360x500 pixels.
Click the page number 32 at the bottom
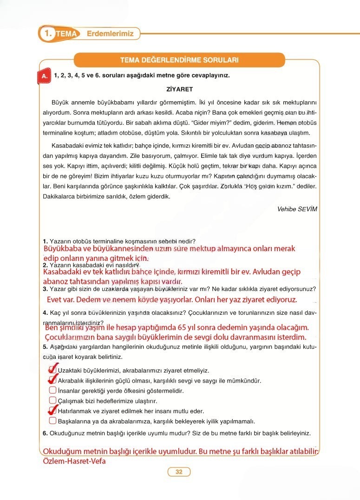(179, 472)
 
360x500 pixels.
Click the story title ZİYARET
(179, 89)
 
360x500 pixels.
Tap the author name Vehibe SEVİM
(297, 209)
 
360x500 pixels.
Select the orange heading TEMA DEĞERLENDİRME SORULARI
(179, 60)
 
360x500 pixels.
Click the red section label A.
(44, 76)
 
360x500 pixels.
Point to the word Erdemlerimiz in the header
(110, 33)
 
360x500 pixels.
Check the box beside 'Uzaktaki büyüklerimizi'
(52, 370)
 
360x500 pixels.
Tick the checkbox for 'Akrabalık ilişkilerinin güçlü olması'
(52, 380)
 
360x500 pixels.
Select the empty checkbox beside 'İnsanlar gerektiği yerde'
(52, 390)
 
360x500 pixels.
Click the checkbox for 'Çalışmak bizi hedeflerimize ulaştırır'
(52, 401)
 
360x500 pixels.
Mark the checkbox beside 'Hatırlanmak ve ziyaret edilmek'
(52, 411)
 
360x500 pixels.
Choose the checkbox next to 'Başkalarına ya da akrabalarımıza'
(52, 421)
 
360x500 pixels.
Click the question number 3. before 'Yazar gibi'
(45, 289)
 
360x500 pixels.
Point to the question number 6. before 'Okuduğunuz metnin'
(45, 433)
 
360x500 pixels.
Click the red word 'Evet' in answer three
(57, 300)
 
